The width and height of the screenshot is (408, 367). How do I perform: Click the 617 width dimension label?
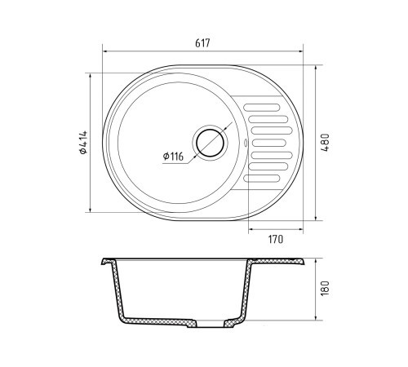(202, 43)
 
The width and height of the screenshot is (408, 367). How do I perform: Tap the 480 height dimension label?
(326, 143)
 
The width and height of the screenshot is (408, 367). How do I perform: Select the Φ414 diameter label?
(83, 143)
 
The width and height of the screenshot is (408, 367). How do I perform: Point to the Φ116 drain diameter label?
(173, 157)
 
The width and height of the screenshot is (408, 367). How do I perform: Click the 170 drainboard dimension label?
(276, 239)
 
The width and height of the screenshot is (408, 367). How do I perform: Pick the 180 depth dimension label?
(326, 288)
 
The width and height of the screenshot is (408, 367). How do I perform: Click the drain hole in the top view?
(210, 143)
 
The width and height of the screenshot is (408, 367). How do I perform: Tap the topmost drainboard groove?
(262, 108)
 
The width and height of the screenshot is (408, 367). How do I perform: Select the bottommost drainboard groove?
(262, 179)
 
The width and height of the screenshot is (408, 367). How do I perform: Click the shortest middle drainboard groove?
(269, 143)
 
